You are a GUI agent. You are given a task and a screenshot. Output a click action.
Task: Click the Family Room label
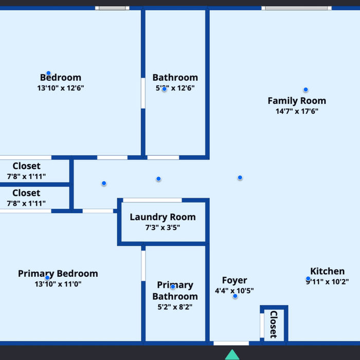tap(297, 101)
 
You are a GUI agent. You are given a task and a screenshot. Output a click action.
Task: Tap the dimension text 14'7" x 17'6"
tap(297, 111)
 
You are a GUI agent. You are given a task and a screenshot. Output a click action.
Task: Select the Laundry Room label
tap(163, 217)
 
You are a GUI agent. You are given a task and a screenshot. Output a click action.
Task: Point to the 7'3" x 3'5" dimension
tap(163, 227)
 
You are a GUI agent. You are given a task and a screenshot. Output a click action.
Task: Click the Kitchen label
tap(328, 271)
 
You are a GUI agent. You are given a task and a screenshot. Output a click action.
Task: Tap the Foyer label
tap(235, 280)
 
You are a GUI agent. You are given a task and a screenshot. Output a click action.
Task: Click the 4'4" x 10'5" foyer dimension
tap(235, 291)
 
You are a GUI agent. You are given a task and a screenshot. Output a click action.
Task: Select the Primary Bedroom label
tap(58, 274)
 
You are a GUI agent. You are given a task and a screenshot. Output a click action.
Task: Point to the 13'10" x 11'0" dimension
tap(58, 284)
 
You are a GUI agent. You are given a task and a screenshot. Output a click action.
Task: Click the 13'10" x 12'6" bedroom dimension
tap(61, 88)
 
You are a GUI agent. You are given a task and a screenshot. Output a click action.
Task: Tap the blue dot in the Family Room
tap(305, 89)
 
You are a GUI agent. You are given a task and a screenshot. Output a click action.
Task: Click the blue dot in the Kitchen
tap(308, 279)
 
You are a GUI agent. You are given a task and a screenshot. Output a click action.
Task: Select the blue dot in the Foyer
tap(235, 296)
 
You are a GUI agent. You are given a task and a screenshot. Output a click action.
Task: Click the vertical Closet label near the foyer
tap(274, 325)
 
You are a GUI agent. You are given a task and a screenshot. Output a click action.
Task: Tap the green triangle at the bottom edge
tap(232, 354)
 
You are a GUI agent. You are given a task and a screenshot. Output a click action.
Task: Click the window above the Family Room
tap(296, 8)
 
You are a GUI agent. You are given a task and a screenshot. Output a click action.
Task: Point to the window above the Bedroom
tap(112, 8)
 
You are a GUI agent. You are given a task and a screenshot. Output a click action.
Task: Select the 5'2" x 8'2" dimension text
tap(175, 307)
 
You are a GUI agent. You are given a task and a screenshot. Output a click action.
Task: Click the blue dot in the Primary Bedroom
tap(47, 278)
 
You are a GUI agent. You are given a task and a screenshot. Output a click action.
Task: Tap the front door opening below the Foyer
tap(231, 343)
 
